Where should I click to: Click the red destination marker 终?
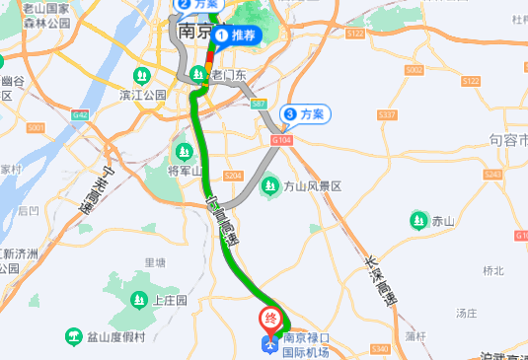tap(269, 319)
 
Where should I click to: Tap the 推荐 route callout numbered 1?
tap(234, 36)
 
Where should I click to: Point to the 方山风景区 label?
tap(312, 186)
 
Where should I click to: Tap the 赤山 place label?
tap(443, 221)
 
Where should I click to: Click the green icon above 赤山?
tap(419, 220)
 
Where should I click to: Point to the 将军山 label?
tap(184, 170)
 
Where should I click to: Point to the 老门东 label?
tap(228, 76)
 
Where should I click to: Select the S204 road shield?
tap(234, 176)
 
